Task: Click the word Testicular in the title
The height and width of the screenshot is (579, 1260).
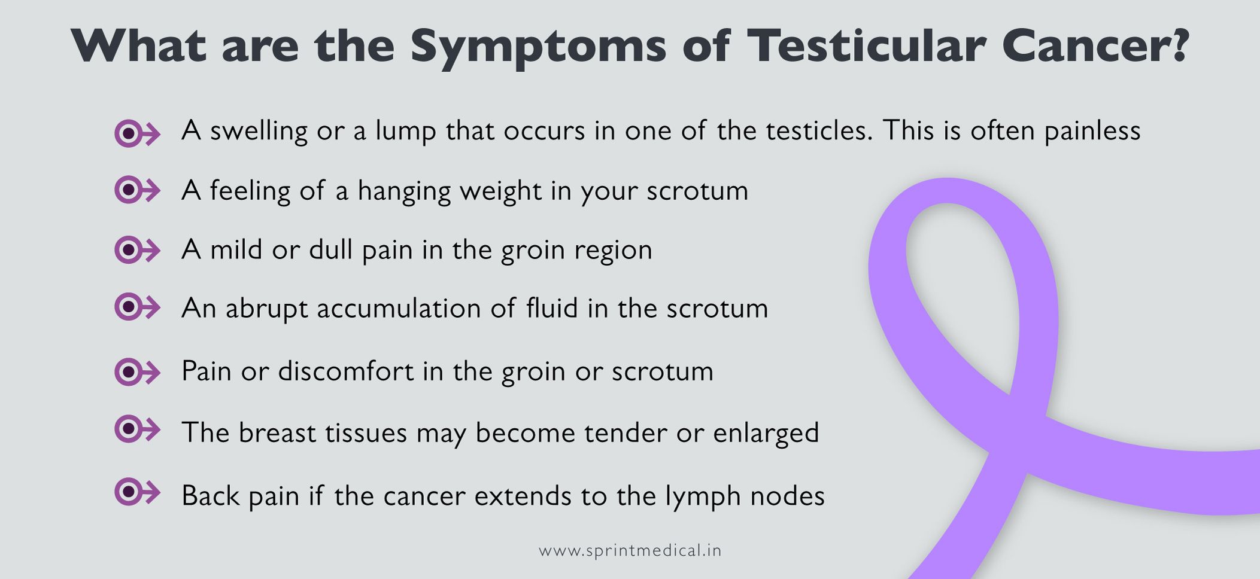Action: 866,45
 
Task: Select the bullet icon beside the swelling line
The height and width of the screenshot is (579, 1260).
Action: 136,133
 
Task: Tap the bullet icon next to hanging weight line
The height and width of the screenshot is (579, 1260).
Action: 136,190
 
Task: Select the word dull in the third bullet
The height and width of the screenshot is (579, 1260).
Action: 330,249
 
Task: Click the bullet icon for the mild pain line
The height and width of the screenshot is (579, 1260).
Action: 136,249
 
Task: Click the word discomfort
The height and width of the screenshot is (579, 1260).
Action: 345,371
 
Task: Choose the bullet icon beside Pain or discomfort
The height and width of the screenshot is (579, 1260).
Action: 136,372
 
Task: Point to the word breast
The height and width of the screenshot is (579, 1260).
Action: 277,432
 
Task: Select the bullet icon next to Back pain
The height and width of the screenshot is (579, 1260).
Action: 136,492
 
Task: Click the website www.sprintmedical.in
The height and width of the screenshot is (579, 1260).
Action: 630,550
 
